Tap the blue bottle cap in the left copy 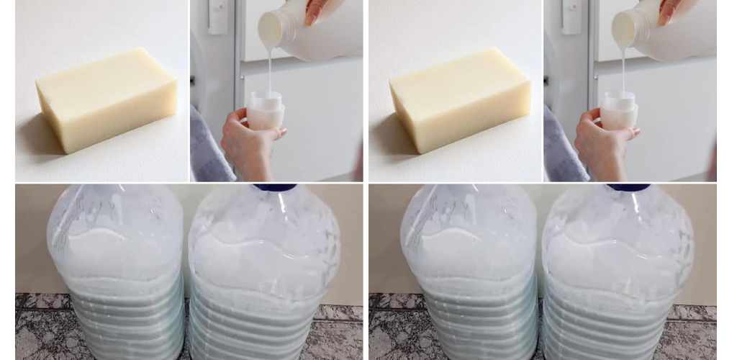[275, 187]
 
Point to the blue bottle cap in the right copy [628, 187]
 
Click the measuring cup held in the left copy [266, 110]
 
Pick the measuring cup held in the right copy [620, 110]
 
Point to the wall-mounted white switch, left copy [217, 14]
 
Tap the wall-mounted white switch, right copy [570, 14]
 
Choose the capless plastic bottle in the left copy [115, 274]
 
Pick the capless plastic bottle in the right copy [469, 274]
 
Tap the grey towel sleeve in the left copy [209, 148]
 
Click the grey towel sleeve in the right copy [562, 148]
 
